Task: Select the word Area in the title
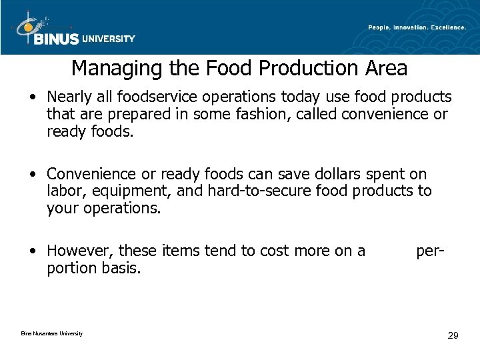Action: [385, 68]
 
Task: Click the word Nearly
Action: [69, 97]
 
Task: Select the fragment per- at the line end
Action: [431, 251]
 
